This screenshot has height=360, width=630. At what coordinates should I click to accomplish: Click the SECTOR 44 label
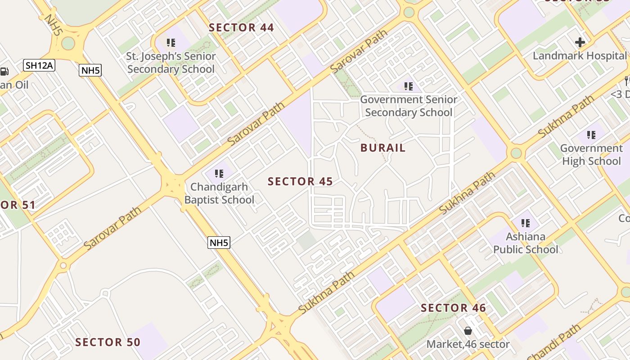point(241,27)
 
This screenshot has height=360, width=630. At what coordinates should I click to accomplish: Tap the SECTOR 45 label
point(300,181)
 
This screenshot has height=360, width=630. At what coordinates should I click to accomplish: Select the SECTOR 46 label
point(453,308)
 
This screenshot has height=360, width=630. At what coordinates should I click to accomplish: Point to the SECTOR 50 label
point(108,342)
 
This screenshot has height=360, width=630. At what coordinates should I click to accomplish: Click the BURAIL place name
point(383,148)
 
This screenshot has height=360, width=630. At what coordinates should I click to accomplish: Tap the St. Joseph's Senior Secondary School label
point(171,63)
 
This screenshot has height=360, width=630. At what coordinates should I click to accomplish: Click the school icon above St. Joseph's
point(171,43)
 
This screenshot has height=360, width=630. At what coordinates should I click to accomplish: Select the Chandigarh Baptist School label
point(219,193)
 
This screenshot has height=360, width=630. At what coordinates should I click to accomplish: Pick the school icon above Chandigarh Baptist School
point(219,173)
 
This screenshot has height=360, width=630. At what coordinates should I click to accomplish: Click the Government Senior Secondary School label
point(409,106)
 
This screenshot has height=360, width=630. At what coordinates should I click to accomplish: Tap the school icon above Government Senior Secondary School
point(408,86)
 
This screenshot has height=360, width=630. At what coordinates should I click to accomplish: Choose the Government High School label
point(591,154)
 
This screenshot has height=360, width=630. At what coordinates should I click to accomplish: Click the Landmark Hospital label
point(580,56)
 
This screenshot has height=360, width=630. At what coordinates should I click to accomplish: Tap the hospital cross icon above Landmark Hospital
point(580,43)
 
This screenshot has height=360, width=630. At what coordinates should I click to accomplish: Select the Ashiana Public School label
point(526,243)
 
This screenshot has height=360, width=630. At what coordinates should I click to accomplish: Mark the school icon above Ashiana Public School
point(525,223)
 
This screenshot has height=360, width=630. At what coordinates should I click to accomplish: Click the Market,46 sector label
point(468,344)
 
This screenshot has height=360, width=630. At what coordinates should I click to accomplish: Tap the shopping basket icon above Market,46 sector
point(468,331)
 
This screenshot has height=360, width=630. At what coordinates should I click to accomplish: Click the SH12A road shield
point(39,66)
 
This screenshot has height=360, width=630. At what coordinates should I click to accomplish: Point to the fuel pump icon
point(4,71)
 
